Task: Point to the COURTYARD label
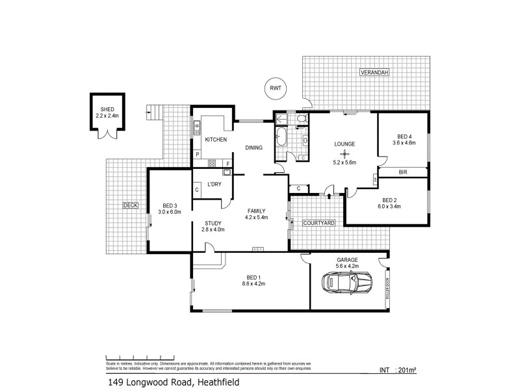[318, 223]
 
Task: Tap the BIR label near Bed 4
[403, 172]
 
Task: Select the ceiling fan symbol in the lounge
[344, 153]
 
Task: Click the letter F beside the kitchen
[227, 162]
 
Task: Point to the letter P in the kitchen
[197, 155]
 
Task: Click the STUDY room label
[213, 223]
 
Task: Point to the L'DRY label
[215, 185]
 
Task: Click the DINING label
[253, 148]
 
